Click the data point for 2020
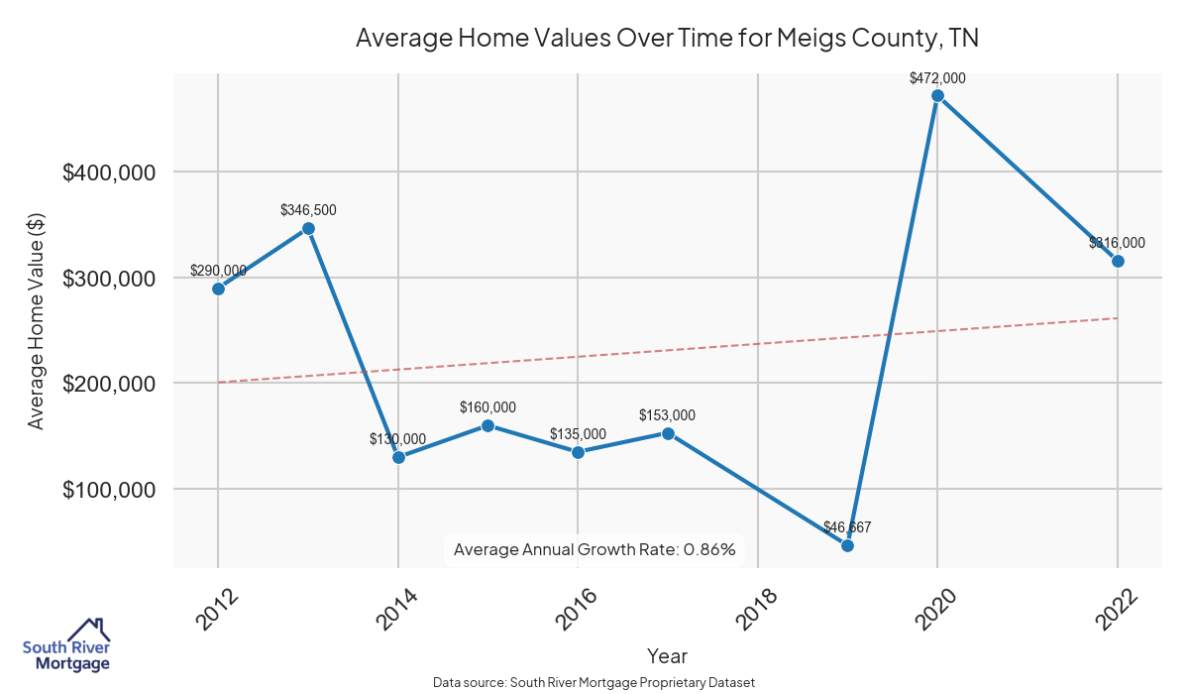pos(937,96)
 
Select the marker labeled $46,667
pos(847,545)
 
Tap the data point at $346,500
pos(308,228)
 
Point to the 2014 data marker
pos(398,457)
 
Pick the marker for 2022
pos(1118,261)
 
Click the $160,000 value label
pos(487,407)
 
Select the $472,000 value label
pos(937,78)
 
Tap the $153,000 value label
pos(667,415)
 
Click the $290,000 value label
pos(218,271)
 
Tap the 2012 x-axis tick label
pos(217,607)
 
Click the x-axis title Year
pos(667,655)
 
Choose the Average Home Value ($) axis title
pos(37,321)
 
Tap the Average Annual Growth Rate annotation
pos(594,549)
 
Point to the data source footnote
pos(594,682)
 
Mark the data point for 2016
pos(578,452)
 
